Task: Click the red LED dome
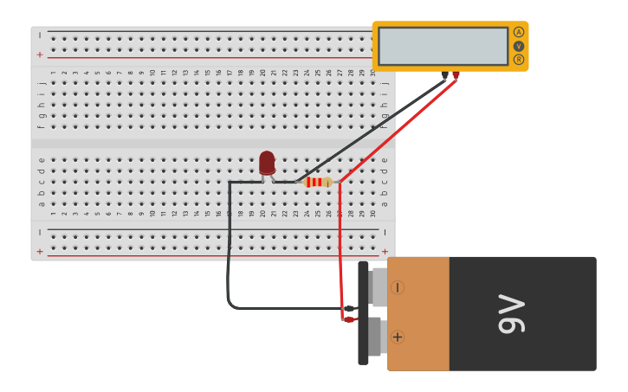tap(267, 162)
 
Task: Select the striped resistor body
tap(318, 182)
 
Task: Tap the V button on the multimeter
tap(519, 46)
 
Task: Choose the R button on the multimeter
tap(519, 60)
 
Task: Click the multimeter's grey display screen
tap(443, 46)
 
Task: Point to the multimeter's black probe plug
tap(445, 76)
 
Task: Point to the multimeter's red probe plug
tap(456, 76)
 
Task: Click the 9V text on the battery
tap(511, 314)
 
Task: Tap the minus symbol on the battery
tap(398, 287)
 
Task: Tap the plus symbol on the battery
tap(398, 337)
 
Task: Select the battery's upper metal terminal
tap(379, 287)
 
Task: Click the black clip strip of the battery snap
tap(363, 312)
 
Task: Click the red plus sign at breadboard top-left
tap(39, 55)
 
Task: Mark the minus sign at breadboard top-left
tap(39, 35)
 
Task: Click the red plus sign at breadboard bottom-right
tap(385, 251)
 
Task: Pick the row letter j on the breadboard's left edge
tap(41, 83)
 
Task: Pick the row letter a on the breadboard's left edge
tap(41, 203)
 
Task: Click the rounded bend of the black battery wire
tap(231, 302)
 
